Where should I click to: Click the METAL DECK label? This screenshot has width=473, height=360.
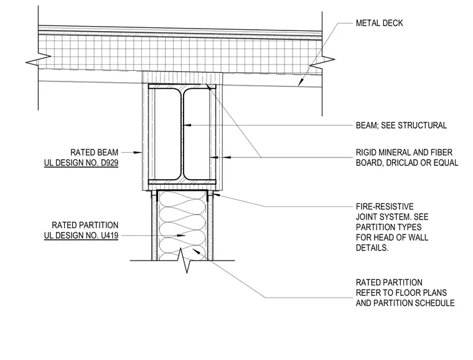pyautogui.click(x=379, y=23)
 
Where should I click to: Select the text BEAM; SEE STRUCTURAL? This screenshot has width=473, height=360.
pyautogui.click(x=401, y=126)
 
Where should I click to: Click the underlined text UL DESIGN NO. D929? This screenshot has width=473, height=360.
pyautogui.click(x=81, y=163)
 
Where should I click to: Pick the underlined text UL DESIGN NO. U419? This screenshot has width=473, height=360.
pyautogui.click(x=81, y=236)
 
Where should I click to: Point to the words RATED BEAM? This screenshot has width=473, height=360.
pyautogui.click(x=94, y=152)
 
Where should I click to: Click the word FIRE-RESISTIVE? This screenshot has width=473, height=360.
pyautogui.click(x=385, y=206)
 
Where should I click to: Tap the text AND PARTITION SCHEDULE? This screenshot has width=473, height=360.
pyautogui.click(x=405, y=303)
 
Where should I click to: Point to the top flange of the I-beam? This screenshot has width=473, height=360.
pyautogui.click(x=182, y=86)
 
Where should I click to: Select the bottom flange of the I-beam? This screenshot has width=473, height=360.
pyautogui.click(x=182, y=182)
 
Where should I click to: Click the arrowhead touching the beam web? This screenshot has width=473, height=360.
pyautogui.click(x=187, y=125)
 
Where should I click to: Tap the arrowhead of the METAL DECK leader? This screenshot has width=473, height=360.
pyautogui.click(x=300, y=82)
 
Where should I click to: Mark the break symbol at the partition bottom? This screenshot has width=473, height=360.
pyautogui.click(x=185, y=260)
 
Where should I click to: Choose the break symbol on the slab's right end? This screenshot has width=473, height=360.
pyautogui.click(x=322, y=62)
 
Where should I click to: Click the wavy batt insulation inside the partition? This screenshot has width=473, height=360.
pyautogui.click(x=182, y=225)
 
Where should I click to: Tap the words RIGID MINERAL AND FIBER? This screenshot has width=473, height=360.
pyautogui.click(x=404, y=152)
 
